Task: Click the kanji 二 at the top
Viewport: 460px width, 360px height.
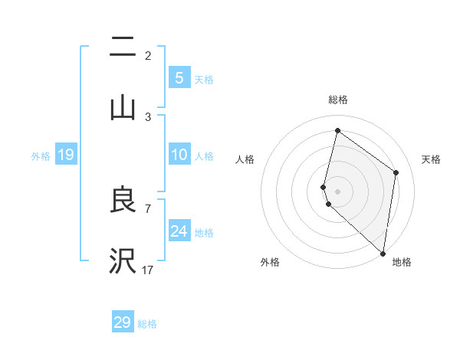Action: point(123,47)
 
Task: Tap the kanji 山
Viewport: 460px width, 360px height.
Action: point(123,108)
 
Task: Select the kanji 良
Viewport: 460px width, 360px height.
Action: point(123,200)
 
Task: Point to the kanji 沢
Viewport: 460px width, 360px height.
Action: point(123,260)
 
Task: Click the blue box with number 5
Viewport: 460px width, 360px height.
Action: point(179,78)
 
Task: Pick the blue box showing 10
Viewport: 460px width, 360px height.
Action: point(179,155)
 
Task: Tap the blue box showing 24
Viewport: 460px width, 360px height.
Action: point(179,231)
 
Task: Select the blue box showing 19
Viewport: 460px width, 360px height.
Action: point(66,155)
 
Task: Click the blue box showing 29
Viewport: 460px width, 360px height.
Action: point(123,322)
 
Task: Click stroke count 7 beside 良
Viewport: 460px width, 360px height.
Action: point(148,208)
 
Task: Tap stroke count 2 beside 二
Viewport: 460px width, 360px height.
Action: point(148,55)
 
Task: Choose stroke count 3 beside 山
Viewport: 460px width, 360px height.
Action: point(148,116)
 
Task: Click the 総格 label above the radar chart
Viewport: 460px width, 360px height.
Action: point(337,100)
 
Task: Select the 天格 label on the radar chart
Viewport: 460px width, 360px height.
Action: point(431,159)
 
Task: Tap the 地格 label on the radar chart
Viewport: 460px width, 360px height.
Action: point(402,262)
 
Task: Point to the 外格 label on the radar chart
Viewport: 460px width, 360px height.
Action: point(270,262)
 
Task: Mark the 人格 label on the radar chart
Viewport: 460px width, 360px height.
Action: point(245,159)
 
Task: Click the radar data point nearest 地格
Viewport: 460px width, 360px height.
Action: point(383,253)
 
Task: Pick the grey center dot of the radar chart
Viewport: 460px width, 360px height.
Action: point(337,191)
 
